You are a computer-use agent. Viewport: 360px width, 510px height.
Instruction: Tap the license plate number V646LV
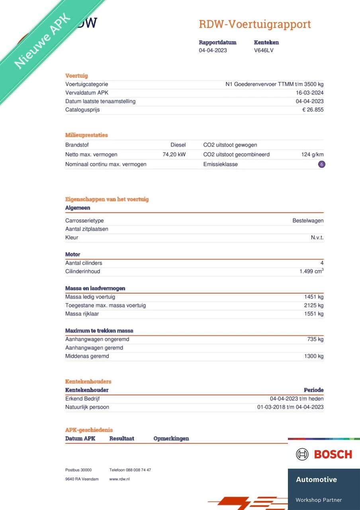point(264,50)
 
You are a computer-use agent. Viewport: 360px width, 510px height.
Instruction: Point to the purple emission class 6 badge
point(322,164)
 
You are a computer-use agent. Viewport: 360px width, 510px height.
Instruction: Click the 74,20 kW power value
point(174,154)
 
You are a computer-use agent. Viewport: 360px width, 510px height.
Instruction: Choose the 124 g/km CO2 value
point(312,154)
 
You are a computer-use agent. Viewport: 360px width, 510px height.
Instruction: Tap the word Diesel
point(178,145)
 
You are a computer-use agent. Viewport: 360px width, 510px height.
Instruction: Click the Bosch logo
point(324,454)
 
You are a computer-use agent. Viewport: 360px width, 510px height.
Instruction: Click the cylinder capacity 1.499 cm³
point(311,271)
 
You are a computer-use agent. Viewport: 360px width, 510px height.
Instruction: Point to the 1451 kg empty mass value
point(314,297)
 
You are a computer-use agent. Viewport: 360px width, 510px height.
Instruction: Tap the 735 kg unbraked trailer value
point(315,339)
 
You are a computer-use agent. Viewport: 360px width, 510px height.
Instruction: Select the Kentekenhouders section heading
point(88,381)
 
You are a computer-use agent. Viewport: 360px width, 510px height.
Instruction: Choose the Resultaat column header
point(121,438)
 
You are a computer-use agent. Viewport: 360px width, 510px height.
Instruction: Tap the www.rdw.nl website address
point(119,479)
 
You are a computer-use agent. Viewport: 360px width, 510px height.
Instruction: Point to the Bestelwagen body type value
point(308,220)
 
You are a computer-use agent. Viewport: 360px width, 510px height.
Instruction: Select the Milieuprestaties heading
point(86,135)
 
